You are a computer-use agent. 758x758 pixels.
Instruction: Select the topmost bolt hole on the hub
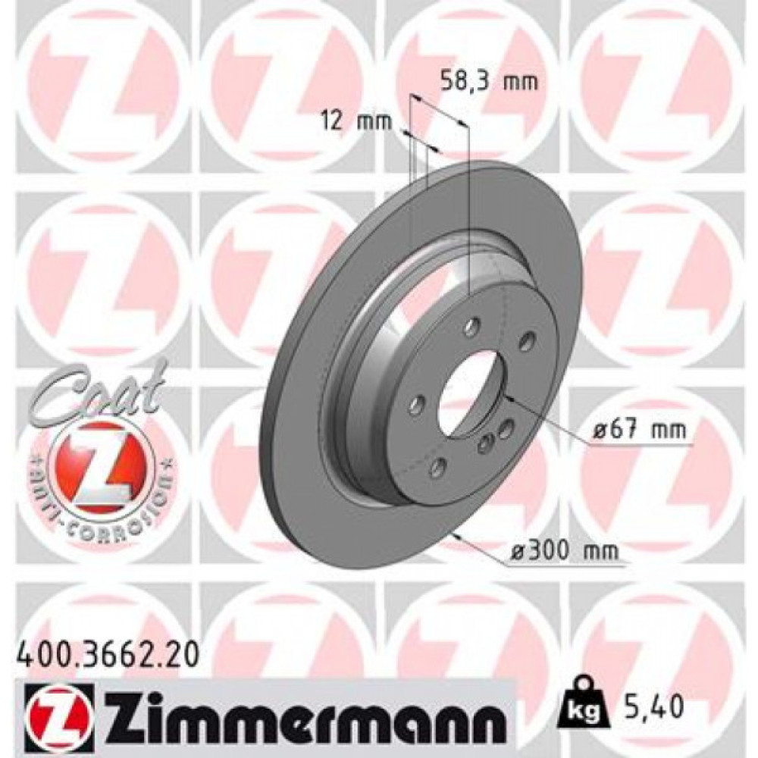(x=473, y=328)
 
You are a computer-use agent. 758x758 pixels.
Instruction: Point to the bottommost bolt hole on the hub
(x=437, y=468)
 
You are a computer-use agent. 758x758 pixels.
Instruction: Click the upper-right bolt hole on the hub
(x=526, y=340)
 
